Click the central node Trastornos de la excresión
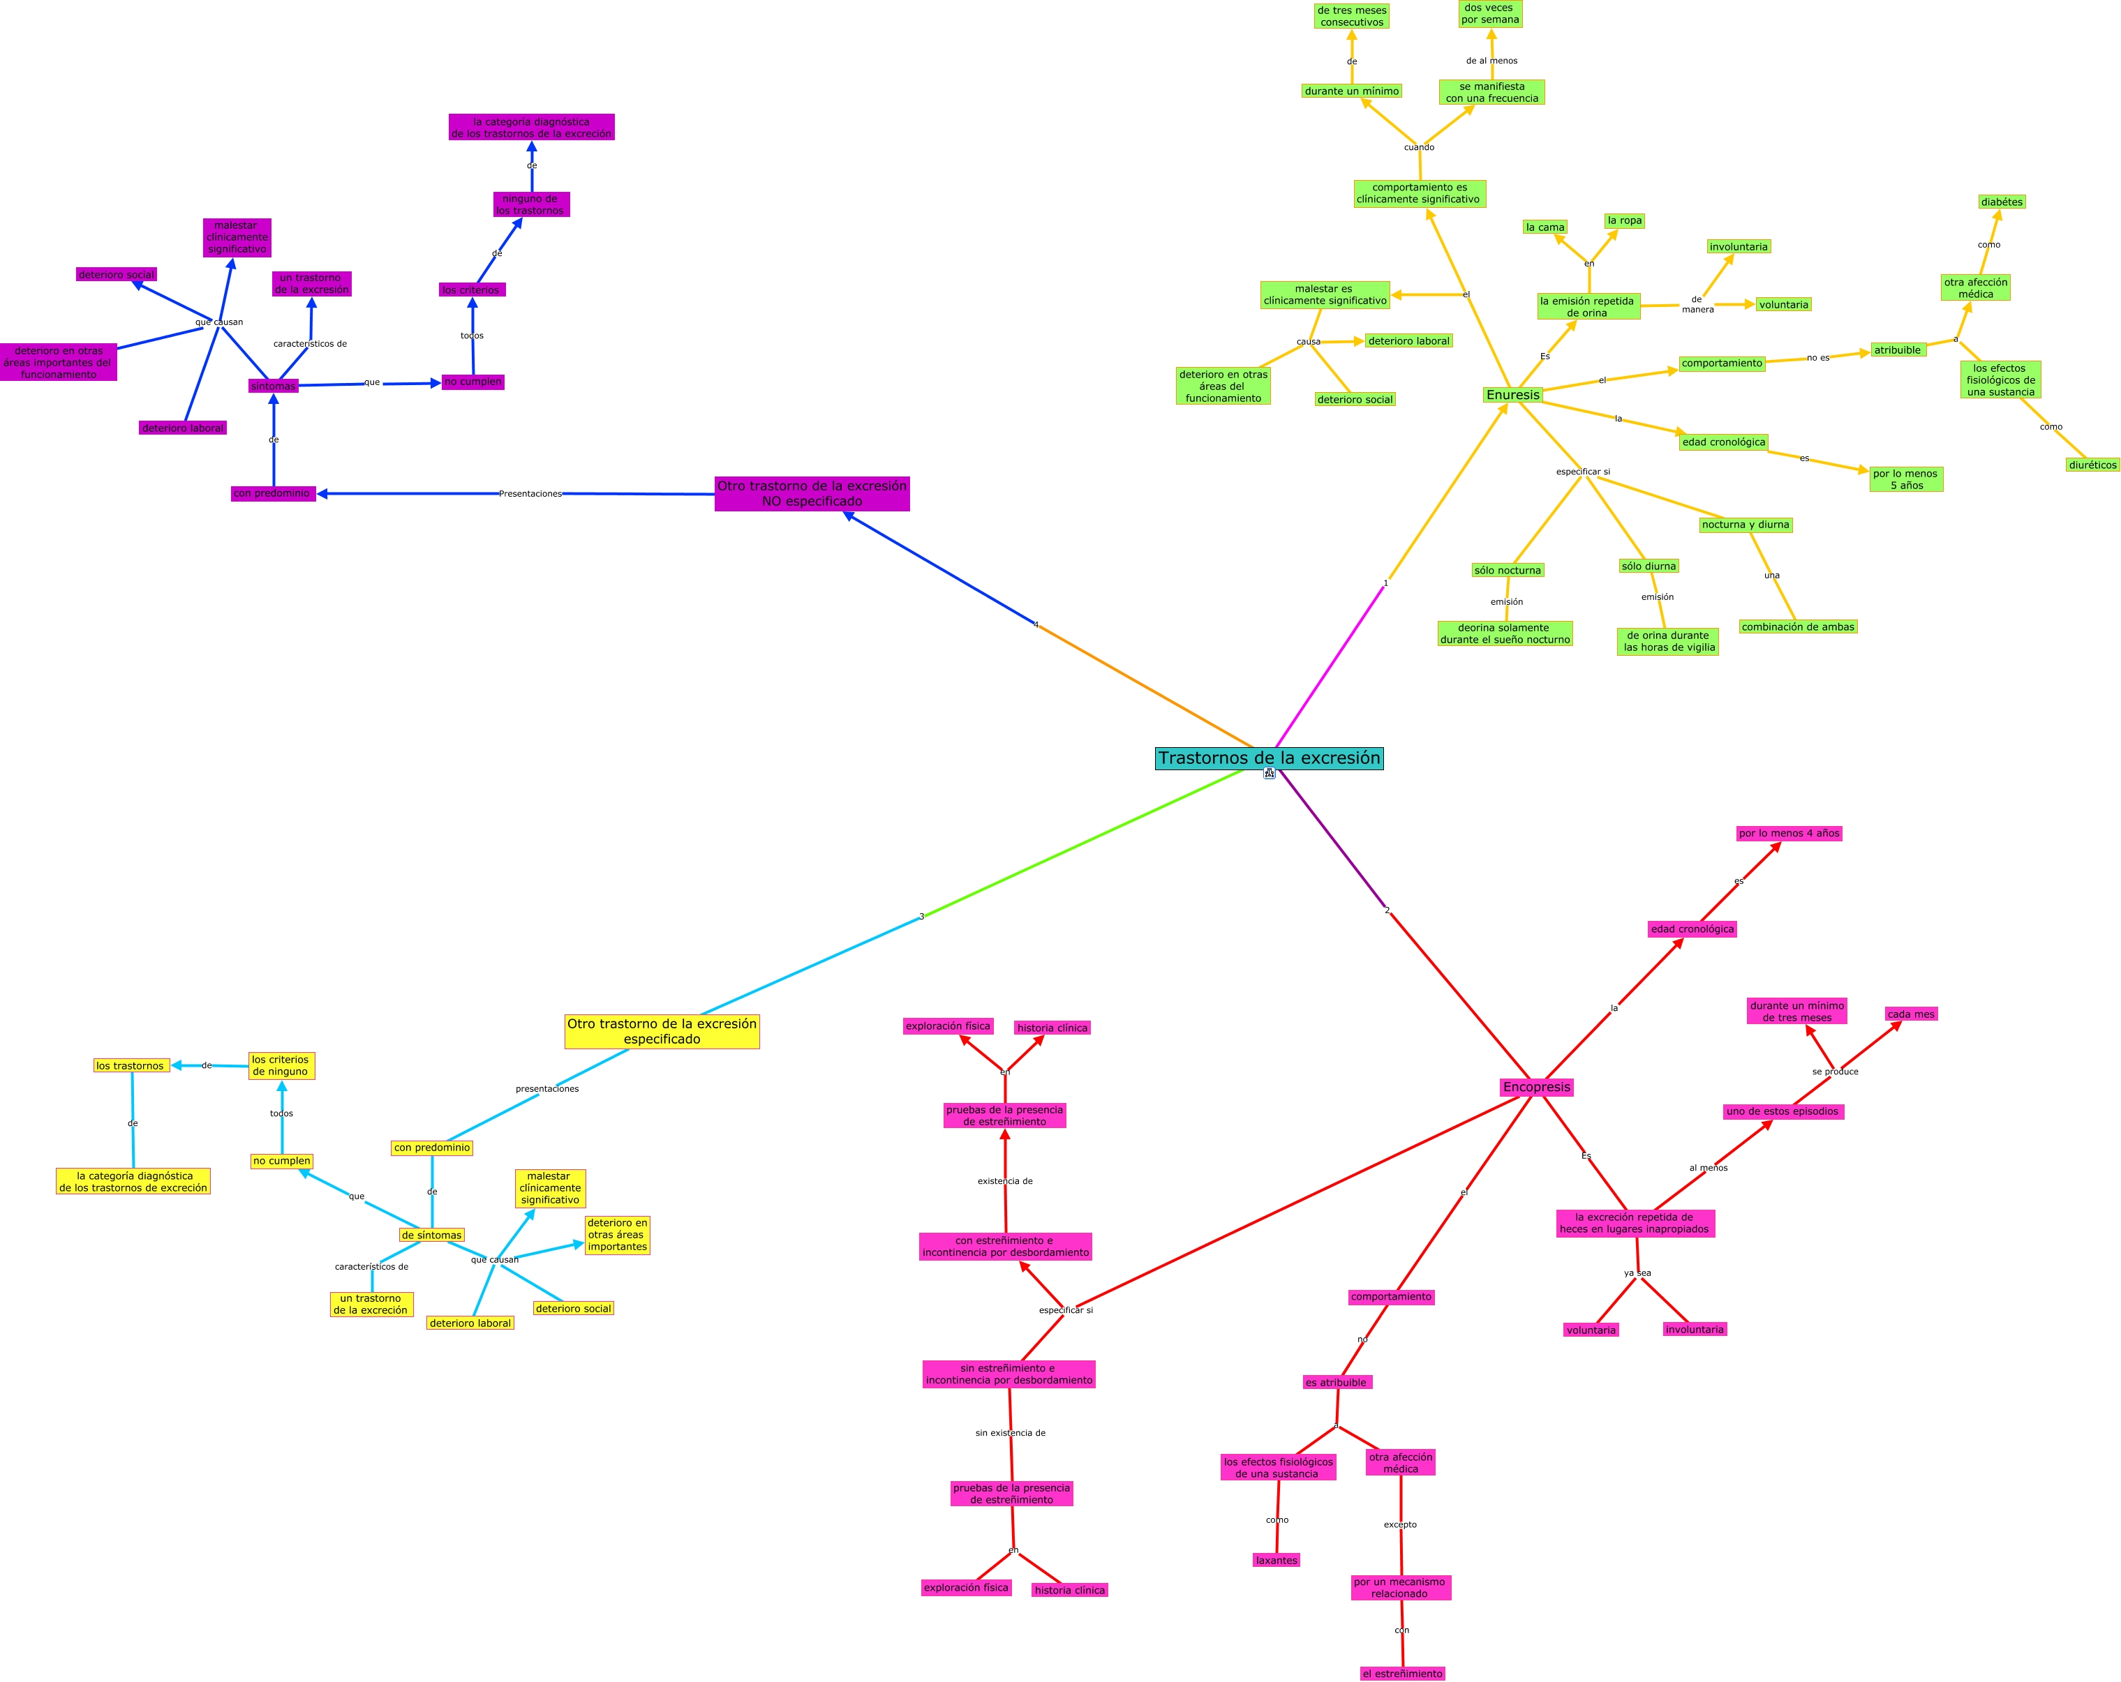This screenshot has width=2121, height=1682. click(x=1269, y=758)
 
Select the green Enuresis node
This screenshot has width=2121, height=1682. click(x=1513, y=394)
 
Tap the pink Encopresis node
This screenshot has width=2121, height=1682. click(x=1537, y=1087)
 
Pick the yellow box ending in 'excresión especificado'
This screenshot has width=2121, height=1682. click(x=662, y=1031)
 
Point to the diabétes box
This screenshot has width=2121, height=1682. click(x=2002, y=202)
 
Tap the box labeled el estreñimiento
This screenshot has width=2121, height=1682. click(x=1402, y=1673)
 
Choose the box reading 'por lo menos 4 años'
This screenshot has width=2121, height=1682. click(x=1789, y=833)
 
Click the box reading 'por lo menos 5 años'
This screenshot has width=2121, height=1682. click(x=1905, y=479)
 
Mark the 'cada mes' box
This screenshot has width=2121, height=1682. click(x=1910, y=1014)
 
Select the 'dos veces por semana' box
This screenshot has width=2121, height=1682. click(x=1489, y=14)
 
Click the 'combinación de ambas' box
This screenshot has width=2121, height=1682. click(x=1797, y=626)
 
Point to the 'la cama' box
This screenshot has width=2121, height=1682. click(x=1545, y=227)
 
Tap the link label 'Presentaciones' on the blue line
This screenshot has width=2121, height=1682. click(x=530, y=494)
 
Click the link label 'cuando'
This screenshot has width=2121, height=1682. click(x=1419, y=147)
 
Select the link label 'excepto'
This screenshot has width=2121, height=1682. click(x=1400, y=1524)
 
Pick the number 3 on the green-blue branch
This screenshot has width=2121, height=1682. click(x=922, y=917)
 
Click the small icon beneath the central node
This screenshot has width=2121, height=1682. click(x=1269, y=774)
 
